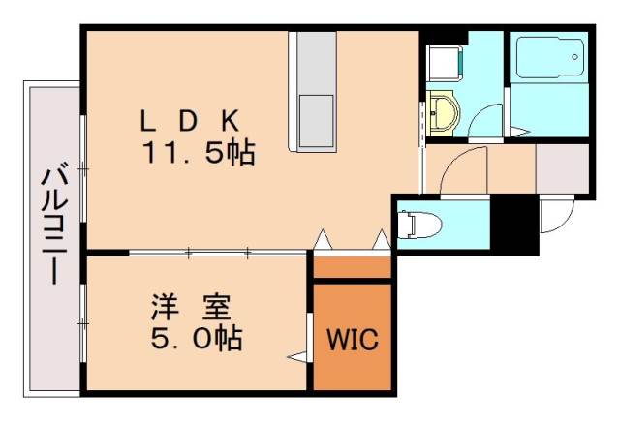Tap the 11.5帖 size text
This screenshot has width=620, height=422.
(200, 152)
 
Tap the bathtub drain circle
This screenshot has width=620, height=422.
(575, 57)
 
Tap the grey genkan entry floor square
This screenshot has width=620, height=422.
(562, 168)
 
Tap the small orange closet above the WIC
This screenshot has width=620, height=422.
(352, 266)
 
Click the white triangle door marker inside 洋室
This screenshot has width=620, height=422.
(297, 357)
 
